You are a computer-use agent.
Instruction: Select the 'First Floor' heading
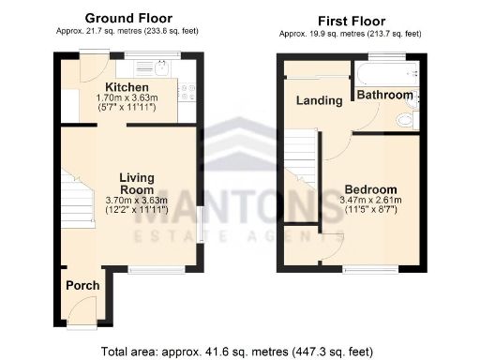[352, 20]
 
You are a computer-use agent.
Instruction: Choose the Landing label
[319, 100]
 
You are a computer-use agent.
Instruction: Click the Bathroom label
[384, 95]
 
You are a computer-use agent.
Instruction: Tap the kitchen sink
[150, 67]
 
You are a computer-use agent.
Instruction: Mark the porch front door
[82, 309]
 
